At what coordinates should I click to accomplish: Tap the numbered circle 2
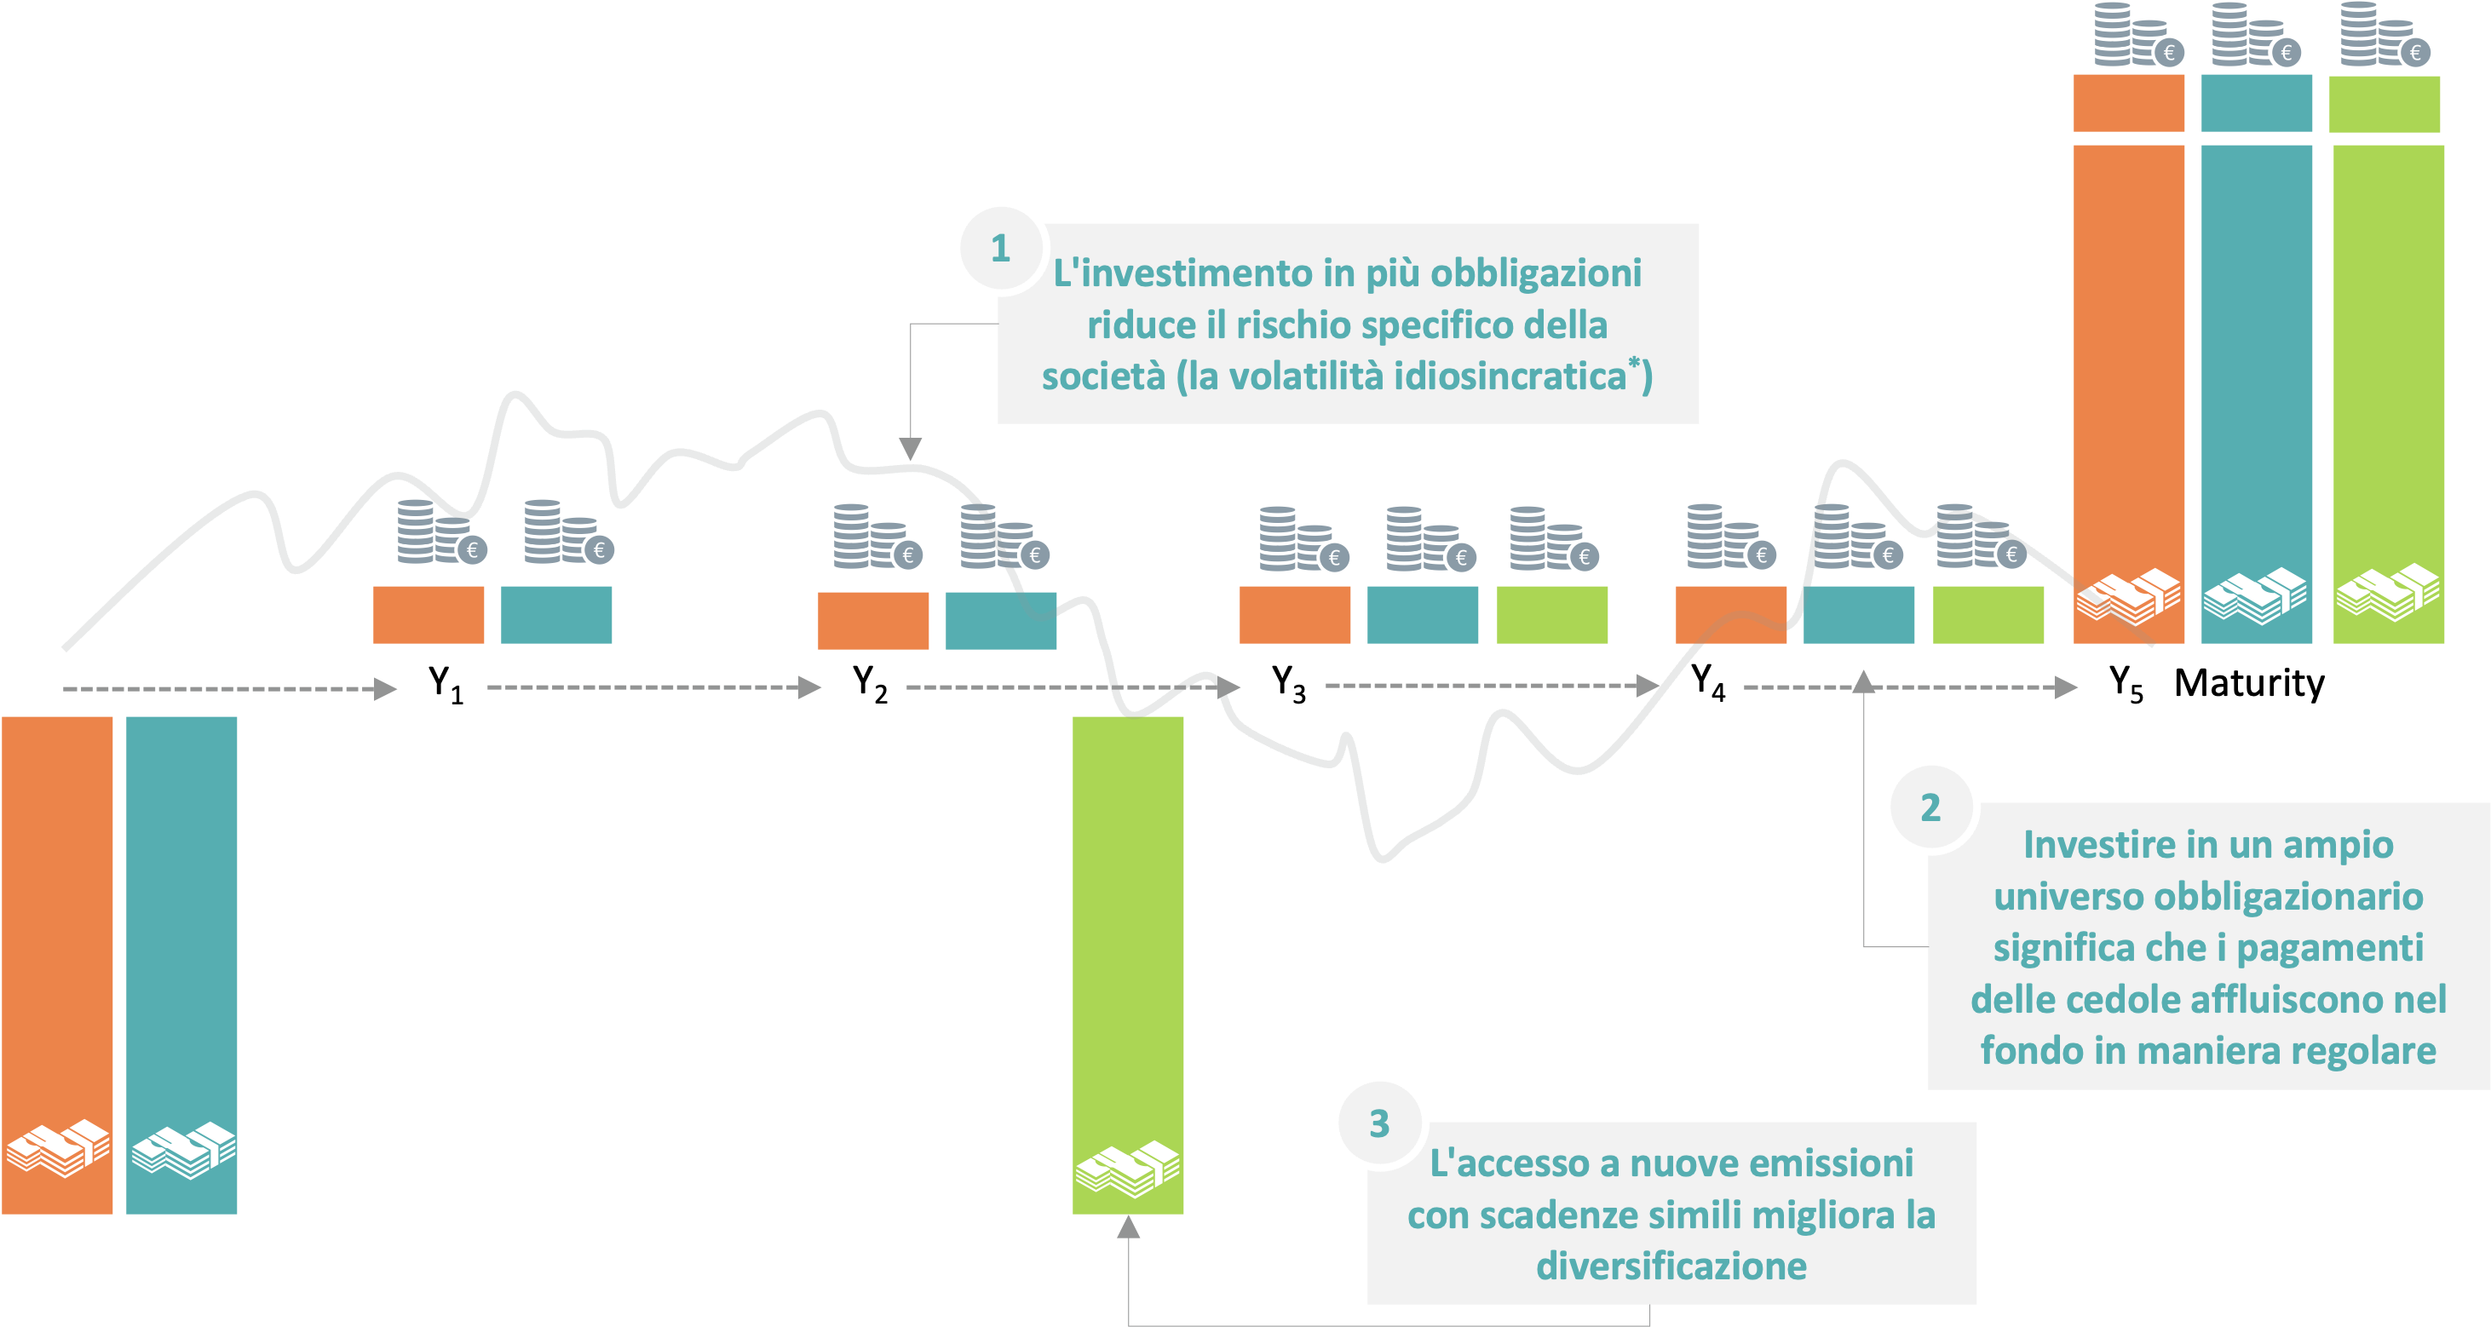click(x=1930, y=807)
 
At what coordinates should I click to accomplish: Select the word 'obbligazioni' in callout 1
click(x=1536, y=273)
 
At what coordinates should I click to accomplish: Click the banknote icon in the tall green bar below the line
click(x=1128, y=1169)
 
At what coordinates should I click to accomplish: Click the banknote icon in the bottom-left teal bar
click(x=183, y=1149)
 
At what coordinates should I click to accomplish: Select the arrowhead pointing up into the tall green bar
click(x=1129, y=1227)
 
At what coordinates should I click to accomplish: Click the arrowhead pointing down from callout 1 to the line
click(x=910, y=449)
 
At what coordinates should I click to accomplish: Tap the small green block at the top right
click(x=2384, y=103)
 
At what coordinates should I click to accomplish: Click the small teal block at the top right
click(x=2256, y=102)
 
